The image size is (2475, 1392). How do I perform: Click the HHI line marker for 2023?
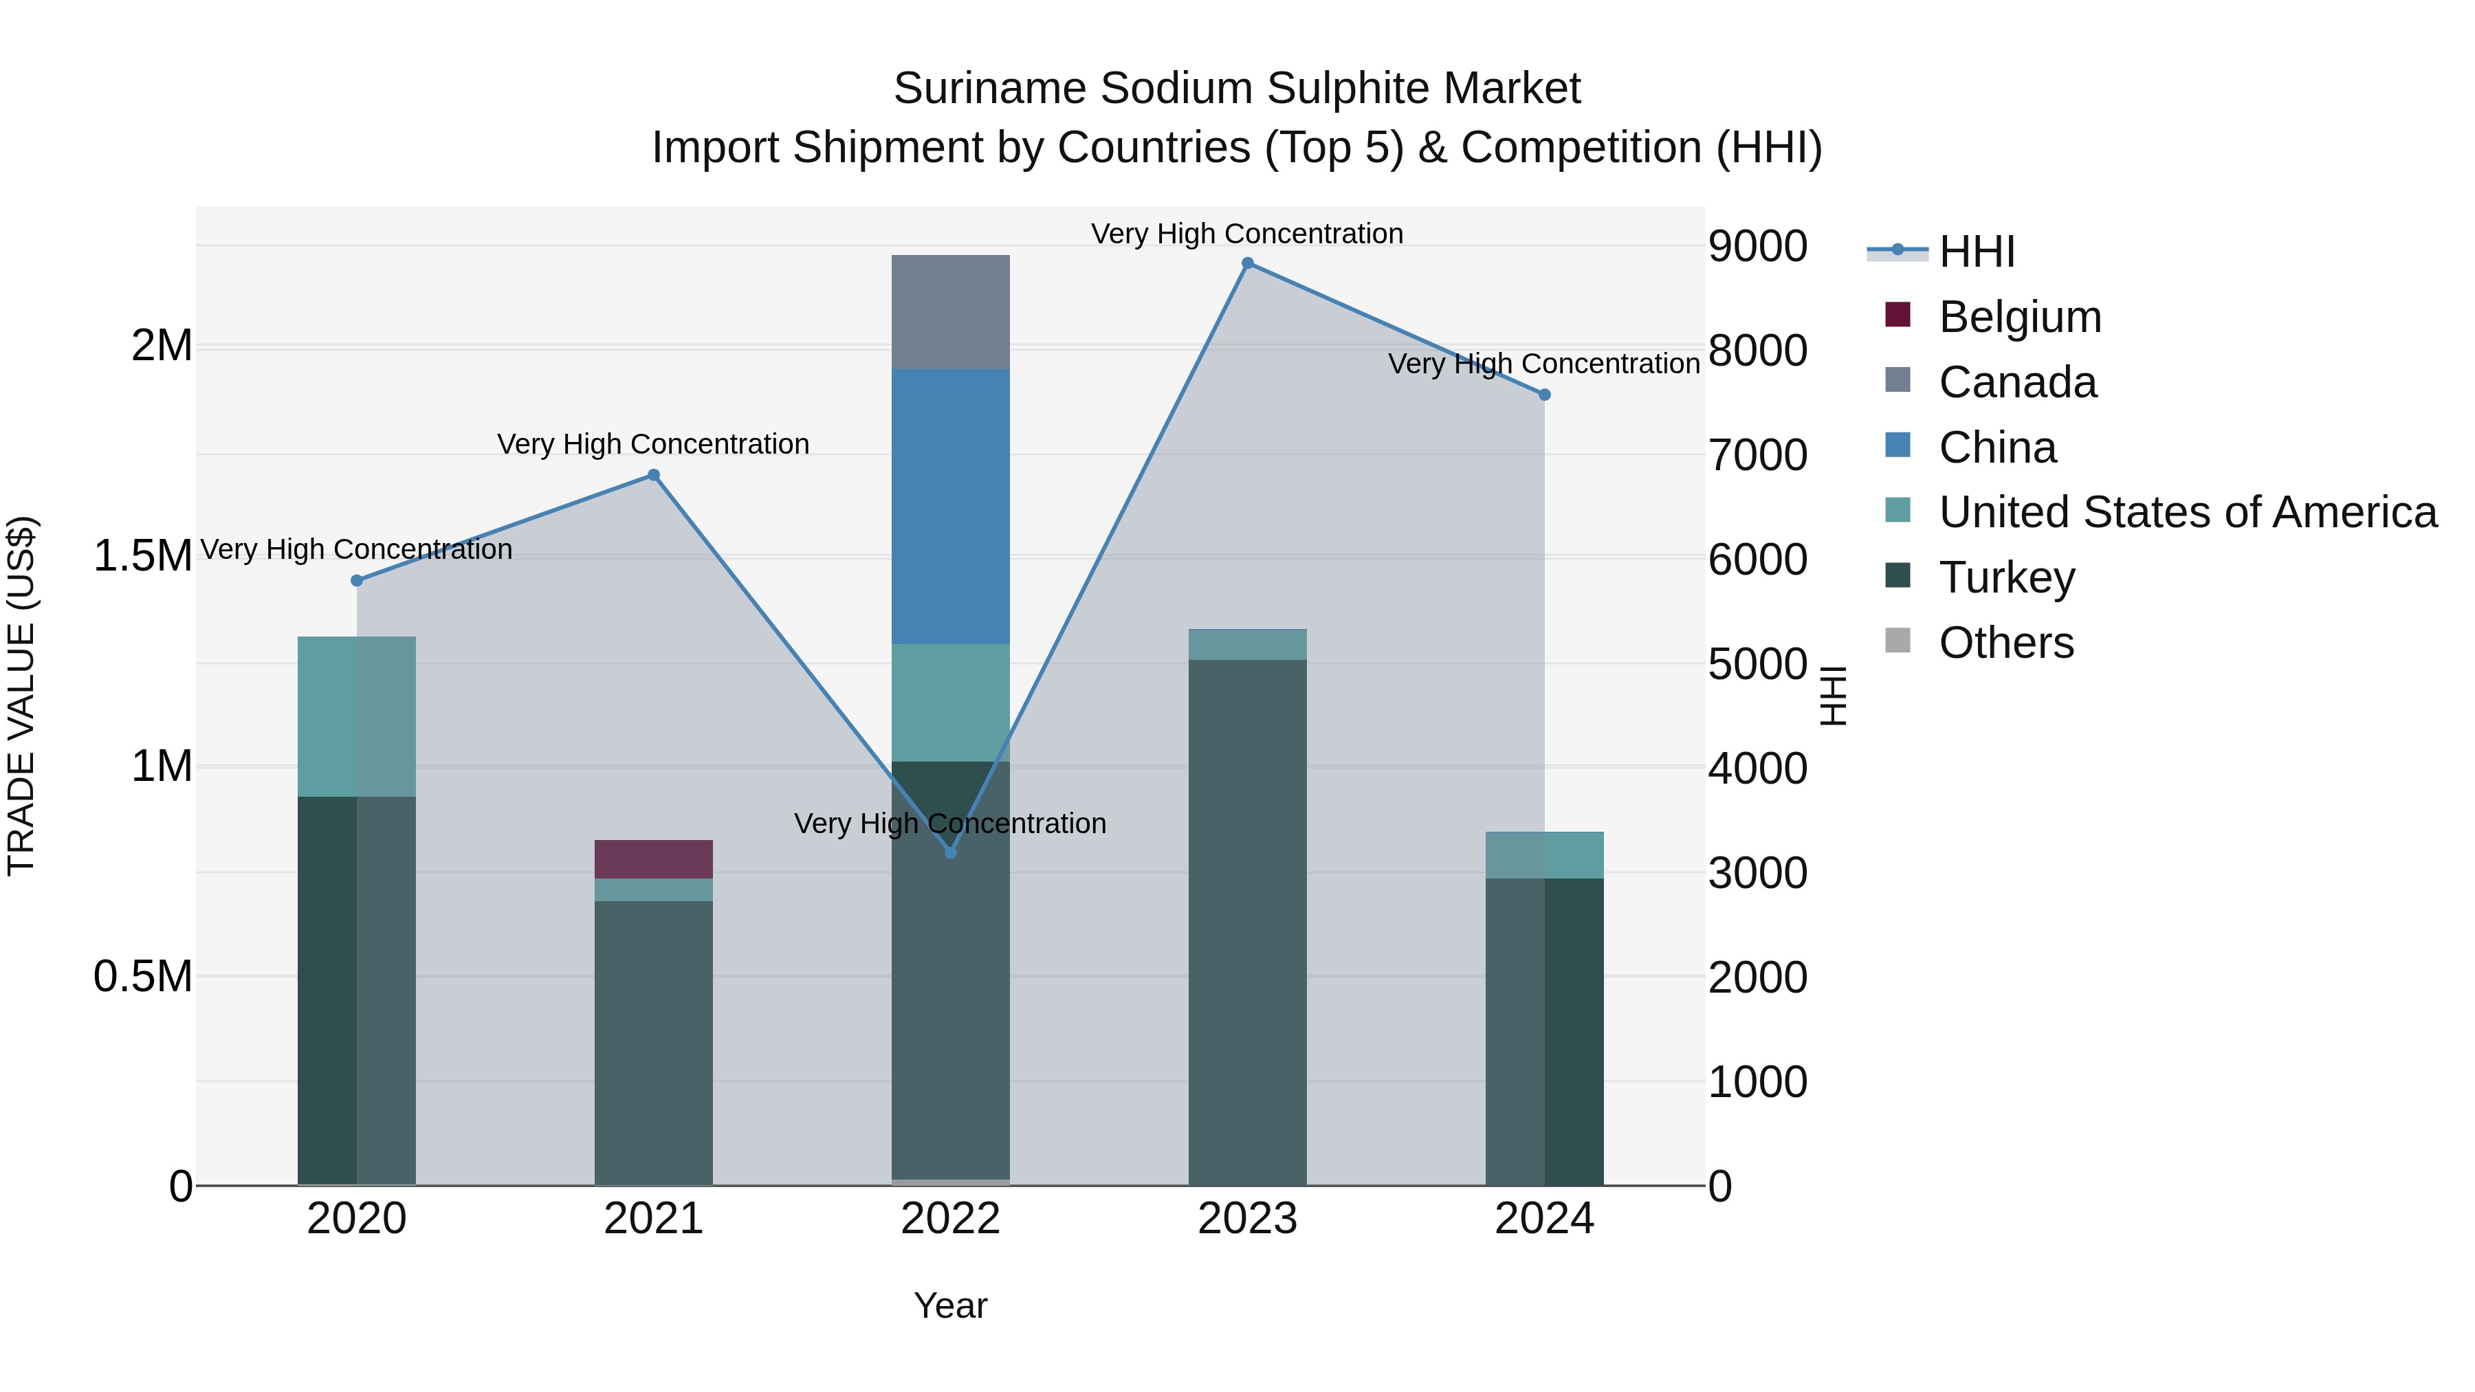coord(1247,263)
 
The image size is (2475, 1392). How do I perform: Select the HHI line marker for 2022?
coord(950,852)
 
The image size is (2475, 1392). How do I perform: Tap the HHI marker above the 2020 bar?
coord(356,580)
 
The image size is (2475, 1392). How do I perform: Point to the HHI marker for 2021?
coord(653,474)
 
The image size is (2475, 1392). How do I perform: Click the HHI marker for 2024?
coord(1544,395)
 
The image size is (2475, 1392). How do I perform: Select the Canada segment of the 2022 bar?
coord(950,312)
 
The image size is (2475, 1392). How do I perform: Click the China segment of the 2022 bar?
coord(950,506)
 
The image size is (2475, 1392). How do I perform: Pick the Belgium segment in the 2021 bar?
coord(653,859)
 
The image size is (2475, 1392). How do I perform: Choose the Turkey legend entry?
coord(2006,577)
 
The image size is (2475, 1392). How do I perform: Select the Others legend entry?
coord(2005,643)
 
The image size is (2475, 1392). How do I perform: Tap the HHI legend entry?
coord(1975,252)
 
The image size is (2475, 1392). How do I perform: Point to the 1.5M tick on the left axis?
coord(143,556)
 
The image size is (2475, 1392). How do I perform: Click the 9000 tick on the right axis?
coord(1757,246)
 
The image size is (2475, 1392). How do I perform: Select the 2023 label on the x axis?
coord(1247,1219)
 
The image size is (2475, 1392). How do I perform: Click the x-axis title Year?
coord(950,1305)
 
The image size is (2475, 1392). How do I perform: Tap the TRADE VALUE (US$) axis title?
coord(21,696)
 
